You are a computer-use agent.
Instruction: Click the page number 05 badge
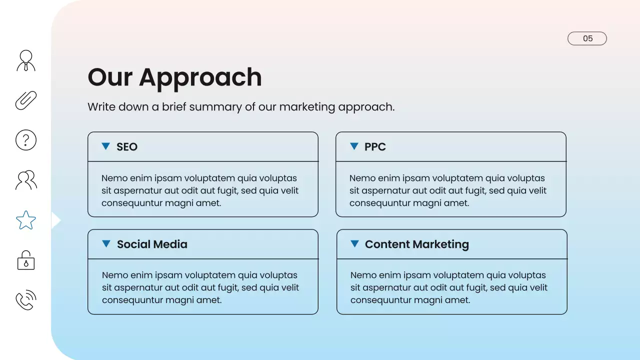coord(587,38)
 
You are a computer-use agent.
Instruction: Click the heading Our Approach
coord(174,77)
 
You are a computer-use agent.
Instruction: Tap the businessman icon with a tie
coord(26,60)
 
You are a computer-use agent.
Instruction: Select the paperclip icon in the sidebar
coord(26,100)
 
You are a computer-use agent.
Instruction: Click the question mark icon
coord(26,140)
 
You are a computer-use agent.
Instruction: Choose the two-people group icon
coord(26,180)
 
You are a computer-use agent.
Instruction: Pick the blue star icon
coord(26,220)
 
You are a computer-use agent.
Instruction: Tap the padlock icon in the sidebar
coord(26,260)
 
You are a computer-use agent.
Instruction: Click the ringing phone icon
coord(26,300)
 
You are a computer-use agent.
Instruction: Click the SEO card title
coord(127,147)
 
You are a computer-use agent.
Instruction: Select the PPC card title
coord(375,147)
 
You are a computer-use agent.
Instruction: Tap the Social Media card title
coord(152,244)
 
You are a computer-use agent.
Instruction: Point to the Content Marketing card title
coord(417,244)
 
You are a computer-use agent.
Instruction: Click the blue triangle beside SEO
coord(105,146)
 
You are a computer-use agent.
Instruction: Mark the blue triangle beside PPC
coord(354,146)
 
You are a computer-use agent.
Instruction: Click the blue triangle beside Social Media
coord(106,243)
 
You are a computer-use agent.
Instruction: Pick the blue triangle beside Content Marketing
coord(354,243)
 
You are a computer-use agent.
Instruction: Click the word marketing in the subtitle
coord(306,107)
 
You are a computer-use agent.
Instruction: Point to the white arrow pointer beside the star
coord(55,220)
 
